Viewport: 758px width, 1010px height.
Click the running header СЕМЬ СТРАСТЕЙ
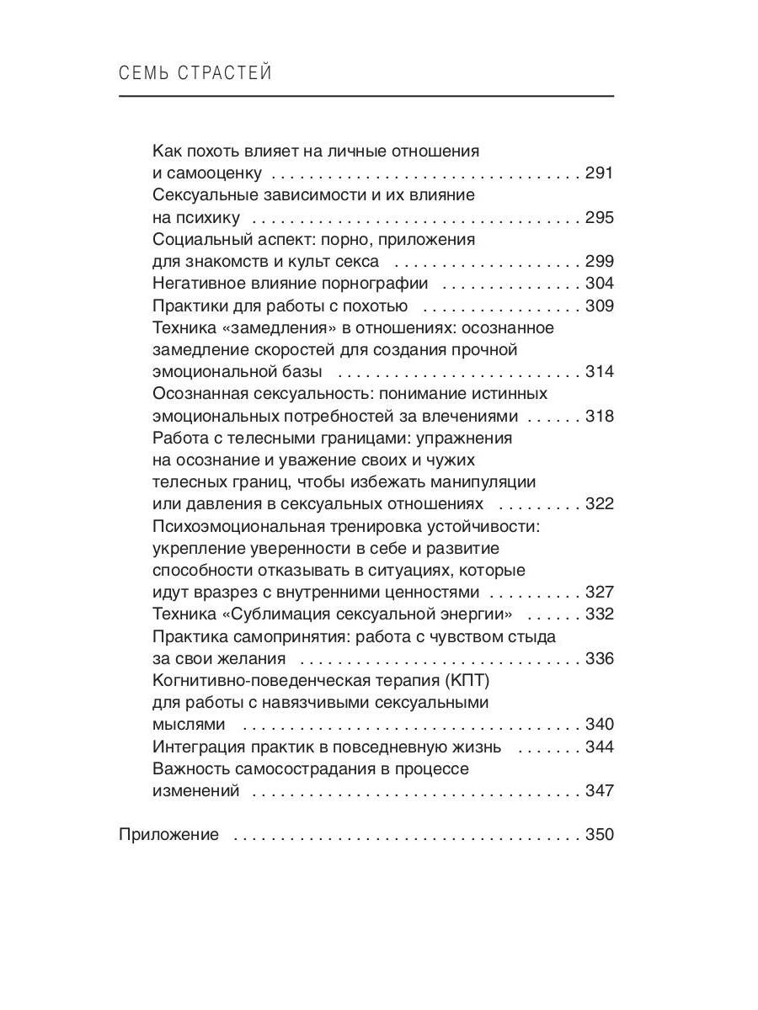[x=195, y=73]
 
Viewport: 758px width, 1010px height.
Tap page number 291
[x=600, y=174]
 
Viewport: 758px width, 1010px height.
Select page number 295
[x=600, y=218]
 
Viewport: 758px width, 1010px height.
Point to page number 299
[x=600, y=262]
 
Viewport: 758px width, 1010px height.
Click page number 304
[x=600, y=284]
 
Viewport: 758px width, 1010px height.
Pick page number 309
[x=600, y=306]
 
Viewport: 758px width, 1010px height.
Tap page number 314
[x=600, y=372]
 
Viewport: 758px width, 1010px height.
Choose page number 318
[x=600, y=416]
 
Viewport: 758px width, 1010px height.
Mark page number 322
[x=600, y=504]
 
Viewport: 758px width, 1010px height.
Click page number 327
[x=600, y=592]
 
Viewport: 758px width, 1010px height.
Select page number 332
[x=600, y=614]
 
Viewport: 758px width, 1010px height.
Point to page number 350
[x=600, y=835]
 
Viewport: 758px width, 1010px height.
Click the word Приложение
[x=168, y=835]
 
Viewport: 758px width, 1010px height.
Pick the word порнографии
[x=374, y=284]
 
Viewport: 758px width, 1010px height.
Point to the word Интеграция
[x=196, y=747]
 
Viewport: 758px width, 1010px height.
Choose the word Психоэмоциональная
[x=235, y=526]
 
